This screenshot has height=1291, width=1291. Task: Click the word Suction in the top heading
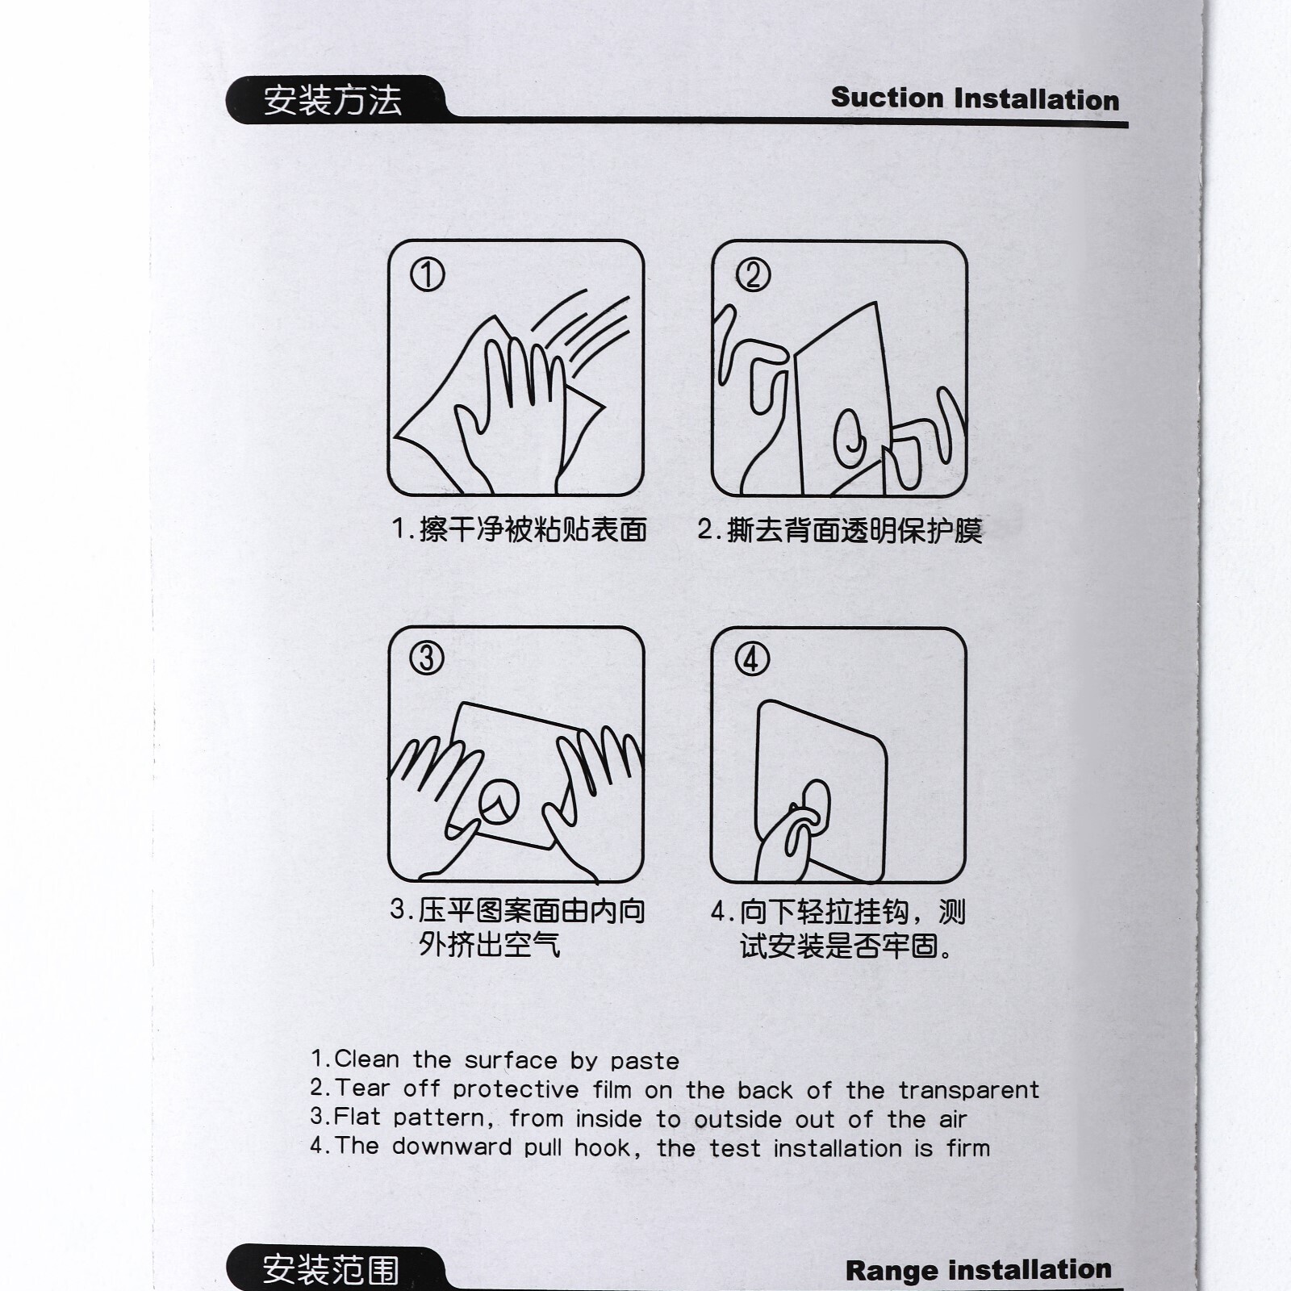click(x=888, y=98)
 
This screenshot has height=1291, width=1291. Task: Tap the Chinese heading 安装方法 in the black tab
click(x=332, y=101)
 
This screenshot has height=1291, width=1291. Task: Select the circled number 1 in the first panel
click(x=428, y=274)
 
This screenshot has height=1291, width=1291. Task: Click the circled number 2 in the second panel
click(x=753, y=274)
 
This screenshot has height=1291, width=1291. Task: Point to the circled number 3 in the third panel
click(x=428, y=658)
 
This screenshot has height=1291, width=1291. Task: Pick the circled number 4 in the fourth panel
click(x=751, y=659)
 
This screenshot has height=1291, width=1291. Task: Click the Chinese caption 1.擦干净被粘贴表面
click(x=519, y=529)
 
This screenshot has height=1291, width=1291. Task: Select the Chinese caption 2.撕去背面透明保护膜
click(x=840, y=530)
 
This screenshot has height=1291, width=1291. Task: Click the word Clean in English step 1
click(x=366, y=1059)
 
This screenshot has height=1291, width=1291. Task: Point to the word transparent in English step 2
click(x=969, y=1090)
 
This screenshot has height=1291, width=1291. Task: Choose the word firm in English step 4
click(x=968, y=1147)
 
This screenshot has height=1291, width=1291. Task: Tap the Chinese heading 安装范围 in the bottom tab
click(x=331, y=1270)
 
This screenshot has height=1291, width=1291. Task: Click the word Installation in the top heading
click(x=1036, y=99)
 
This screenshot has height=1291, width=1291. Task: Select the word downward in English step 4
click(x=452, y=1147)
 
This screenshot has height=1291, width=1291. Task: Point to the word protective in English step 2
click(x=516, y=1089)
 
